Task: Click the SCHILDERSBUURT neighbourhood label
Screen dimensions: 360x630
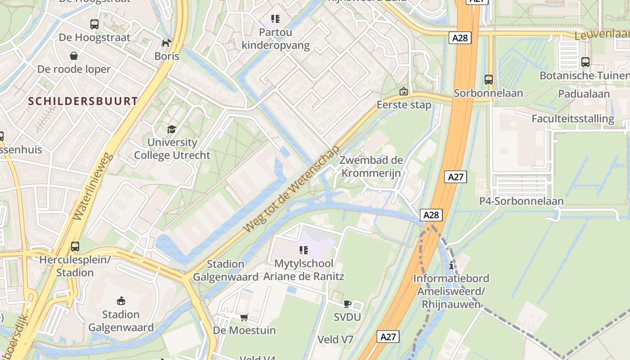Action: click(x=83, y=101)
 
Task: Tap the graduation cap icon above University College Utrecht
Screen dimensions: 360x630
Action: click(x=171, y=130)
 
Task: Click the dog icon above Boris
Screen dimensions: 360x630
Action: click(x=166, y=43)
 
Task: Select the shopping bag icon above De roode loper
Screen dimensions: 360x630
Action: click(x=74, y=56)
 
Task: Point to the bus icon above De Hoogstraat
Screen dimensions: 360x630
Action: click(x=94, y=24)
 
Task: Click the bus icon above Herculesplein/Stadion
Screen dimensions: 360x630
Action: click(x=75, y=247)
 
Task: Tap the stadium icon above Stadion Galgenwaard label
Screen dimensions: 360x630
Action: click(x=121, y=301)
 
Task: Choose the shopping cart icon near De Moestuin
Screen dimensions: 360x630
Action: click(x=244, y=318)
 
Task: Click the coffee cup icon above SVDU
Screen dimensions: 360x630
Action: click(x=347, y=304)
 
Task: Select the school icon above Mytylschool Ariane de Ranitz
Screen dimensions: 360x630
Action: click(x=304, y=250)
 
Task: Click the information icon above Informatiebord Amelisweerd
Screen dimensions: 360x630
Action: click(x=451, y=265)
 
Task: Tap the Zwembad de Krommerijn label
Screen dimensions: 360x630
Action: click(x=371, y=166)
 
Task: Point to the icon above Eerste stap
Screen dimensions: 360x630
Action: click(x=404, y=92)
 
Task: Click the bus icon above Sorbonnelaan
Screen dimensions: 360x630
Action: click(x=489, y=80)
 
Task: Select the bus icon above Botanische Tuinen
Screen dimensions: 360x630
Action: click(x=585, y=62)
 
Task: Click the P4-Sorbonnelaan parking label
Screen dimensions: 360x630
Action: click(x=521, y=201)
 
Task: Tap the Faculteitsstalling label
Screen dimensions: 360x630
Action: click(x=572, y=119)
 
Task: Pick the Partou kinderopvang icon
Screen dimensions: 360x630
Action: click(x=275, y=19)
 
